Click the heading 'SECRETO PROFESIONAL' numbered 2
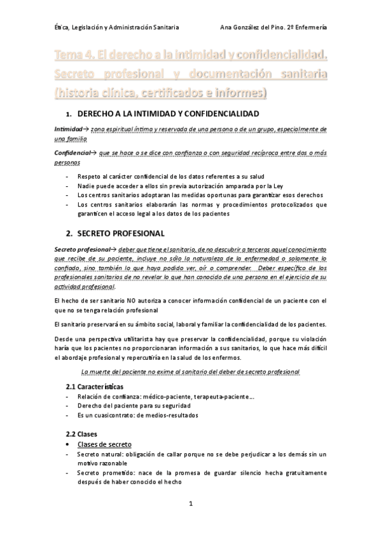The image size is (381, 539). click(120, 233)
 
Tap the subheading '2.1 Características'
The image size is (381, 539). click(95, 386)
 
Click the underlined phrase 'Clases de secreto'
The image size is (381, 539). click(104, 444)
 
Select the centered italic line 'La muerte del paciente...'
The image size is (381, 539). click(191, 371)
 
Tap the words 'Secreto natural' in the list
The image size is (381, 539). click(99, 454)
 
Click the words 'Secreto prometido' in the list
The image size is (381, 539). click(103, 472)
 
